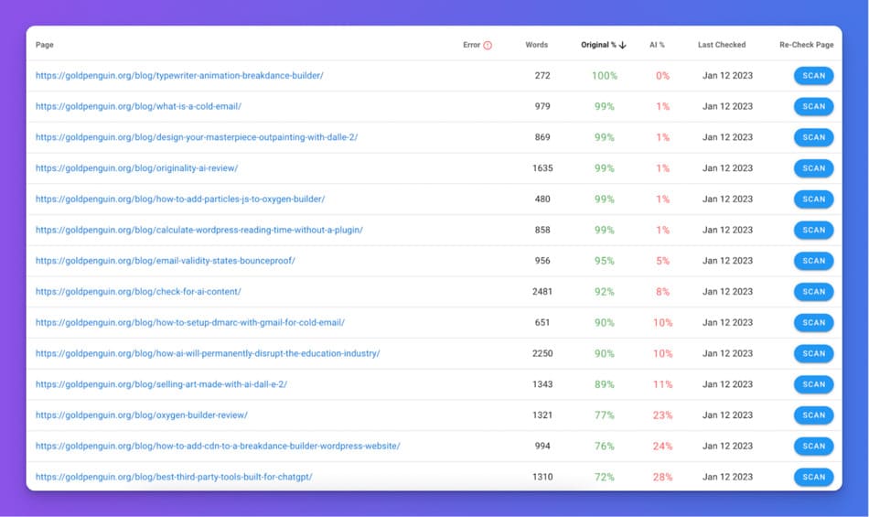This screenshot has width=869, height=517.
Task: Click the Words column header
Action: point(537,45)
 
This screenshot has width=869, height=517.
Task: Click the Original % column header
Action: point(599,45)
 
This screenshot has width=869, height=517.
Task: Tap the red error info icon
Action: point(488,45)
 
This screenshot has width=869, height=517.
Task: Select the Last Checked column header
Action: point(721,45)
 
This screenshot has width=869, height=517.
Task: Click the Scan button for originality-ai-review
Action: point(813,168)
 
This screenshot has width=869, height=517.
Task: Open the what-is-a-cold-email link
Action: point(138,106)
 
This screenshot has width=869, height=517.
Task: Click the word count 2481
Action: point(542,292)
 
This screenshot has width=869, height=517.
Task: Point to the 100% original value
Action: point(605,76)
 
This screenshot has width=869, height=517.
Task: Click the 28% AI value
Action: point(662,477)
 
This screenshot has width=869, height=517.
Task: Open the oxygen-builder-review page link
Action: point(141,415)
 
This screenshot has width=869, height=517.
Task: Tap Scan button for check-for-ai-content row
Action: point(813,292)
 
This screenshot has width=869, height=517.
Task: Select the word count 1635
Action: point(542,168)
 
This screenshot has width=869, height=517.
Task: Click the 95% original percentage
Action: point(605,261)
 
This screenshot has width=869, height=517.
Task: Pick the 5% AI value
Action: point(662,261)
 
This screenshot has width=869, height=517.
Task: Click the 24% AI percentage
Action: point(662,447)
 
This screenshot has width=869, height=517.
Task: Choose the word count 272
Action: point(542,76)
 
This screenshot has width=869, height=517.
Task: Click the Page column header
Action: point(44,45)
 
